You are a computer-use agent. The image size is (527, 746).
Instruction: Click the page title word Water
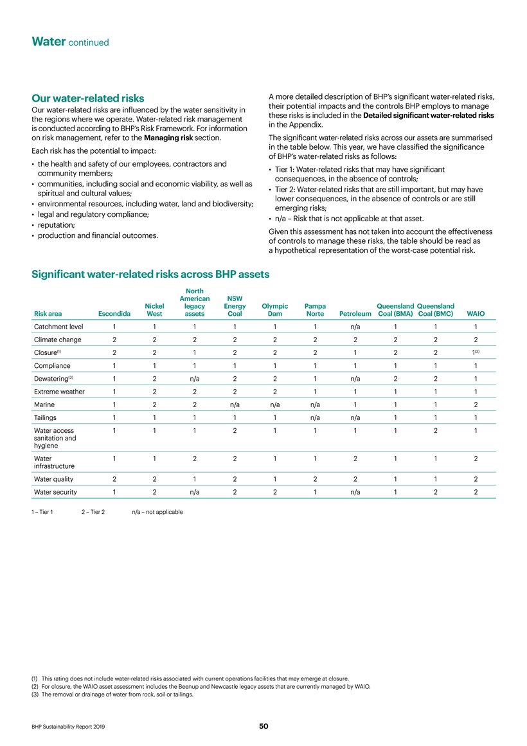tap(49, 42)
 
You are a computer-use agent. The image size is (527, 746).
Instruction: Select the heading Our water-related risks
tap(88, 99)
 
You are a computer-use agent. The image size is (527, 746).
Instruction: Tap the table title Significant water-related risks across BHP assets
tap(150, 275)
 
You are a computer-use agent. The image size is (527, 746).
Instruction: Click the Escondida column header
tap(114, 314)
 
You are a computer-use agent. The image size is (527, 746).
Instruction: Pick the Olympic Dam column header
tap(274, 310)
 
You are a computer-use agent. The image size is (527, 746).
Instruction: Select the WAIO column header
tap(476, 314)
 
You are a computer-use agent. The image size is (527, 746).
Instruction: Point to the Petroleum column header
tap(355, 314)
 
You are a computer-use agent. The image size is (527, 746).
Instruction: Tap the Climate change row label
tap(57, 340)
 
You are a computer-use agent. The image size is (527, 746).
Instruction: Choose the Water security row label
tap(55, 493)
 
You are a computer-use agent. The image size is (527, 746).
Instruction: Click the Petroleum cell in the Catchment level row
tap(355, 327)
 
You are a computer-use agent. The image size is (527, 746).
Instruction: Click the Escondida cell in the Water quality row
tap(114, 479)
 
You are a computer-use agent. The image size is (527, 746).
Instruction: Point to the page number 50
tap(263, 727)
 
